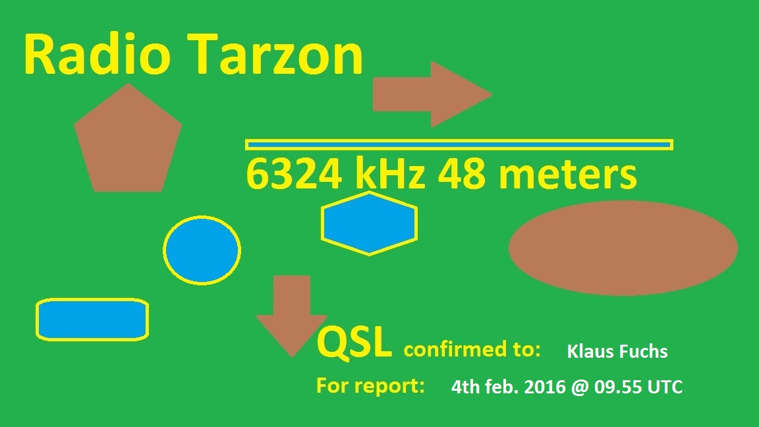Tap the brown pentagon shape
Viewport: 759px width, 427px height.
pyautogui.click(x=128, y=140)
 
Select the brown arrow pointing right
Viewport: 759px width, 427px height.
pyautogui.click(x=432, y=94)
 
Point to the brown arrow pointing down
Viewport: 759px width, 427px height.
pyautogui.click(x=292, y=316)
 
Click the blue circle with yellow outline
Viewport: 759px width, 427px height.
pyautogui.click(x=202, y=250)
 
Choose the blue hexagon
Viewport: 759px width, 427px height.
pyautogui.click(x=369, y=223)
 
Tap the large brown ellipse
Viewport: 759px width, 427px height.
pyautogui.click(x=623, y=248)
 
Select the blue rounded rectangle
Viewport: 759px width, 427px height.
pyautogui.click(x=92, y=320)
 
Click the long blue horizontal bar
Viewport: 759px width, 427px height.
pyautogui.click(x=459, y=144)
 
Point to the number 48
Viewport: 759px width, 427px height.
pyautogui.click(x=461, y=174)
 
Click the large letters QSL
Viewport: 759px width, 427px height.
pyautogui.click(x=354, y=343)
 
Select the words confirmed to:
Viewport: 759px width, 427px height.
pyautogui.click(x=472, y=349)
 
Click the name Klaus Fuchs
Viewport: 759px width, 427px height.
pyautogui.click(x=617, y=351)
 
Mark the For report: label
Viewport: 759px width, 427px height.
pyautogui.click(x=370, y=385)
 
